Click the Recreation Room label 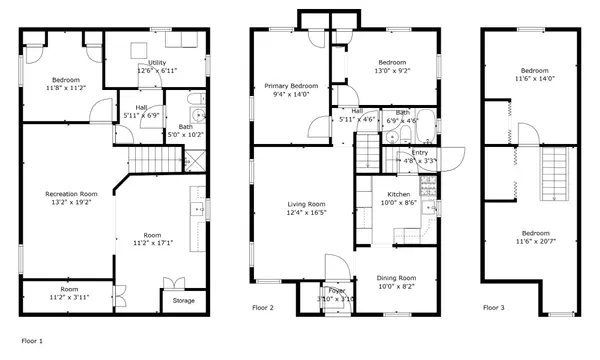(x=71, y=194)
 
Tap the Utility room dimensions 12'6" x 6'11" (x=157, y=71)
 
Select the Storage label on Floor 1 (x=184, y=301)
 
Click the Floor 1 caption (x=32, y=341)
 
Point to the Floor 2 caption (x=263, y=308)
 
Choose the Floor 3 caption (x=494, y=308)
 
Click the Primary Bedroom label (x=291, y=86)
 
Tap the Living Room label (x=306, y=204)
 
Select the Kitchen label (x=399, y=194)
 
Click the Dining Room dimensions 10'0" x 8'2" (x=396, y=287)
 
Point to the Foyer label (x=337, y=291)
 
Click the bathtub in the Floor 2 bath (x=426, y=126)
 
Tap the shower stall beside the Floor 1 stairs (x=195, y=161)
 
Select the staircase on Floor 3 (x=554, y=173)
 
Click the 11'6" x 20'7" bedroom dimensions (x=536, y=241)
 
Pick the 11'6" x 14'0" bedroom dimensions (x=535, y=79)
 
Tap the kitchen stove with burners (x=428, y=186)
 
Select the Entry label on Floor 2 (x=420, y=153)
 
